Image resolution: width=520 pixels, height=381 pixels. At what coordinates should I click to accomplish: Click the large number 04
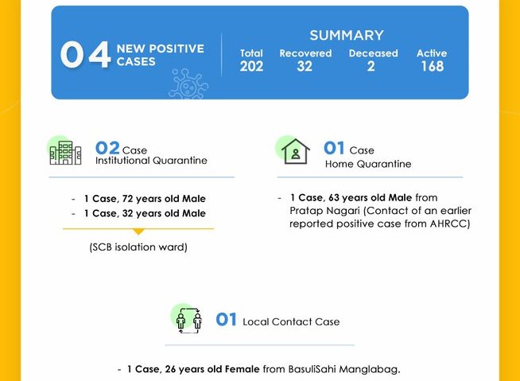coord(86,54)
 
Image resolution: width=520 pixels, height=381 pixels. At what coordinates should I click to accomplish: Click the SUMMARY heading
coord(347,36)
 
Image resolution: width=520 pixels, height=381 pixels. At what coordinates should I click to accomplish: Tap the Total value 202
coord(251,66)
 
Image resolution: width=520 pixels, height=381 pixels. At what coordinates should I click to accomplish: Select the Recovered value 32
coord(305,66)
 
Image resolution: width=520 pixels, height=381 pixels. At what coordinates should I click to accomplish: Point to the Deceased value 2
coord(371,66)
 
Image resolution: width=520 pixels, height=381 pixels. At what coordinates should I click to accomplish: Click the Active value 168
coord(433,66)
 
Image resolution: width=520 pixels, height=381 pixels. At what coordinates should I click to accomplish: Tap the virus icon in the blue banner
coord(188,84)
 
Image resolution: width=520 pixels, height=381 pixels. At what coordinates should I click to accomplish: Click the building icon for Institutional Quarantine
coord(65,153)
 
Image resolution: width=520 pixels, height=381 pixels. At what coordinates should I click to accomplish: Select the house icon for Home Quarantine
coord(296,151)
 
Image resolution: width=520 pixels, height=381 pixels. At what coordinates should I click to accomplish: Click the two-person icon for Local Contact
coord(189,321)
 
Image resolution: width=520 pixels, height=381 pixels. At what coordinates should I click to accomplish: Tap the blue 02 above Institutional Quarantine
coord(107,148)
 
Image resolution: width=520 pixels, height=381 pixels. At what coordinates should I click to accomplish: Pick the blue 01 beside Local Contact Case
coord(226,320)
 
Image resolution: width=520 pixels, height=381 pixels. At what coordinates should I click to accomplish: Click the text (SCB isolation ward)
coord(138,247)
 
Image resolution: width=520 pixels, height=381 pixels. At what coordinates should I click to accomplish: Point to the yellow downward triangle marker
coord(138,231)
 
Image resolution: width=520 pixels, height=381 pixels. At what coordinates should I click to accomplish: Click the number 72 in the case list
coord(128,199)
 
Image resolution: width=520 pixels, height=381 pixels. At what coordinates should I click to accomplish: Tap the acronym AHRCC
coord(450,224)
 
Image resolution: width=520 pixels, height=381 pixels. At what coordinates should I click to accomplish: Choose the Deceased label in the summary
coord(374,53)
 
